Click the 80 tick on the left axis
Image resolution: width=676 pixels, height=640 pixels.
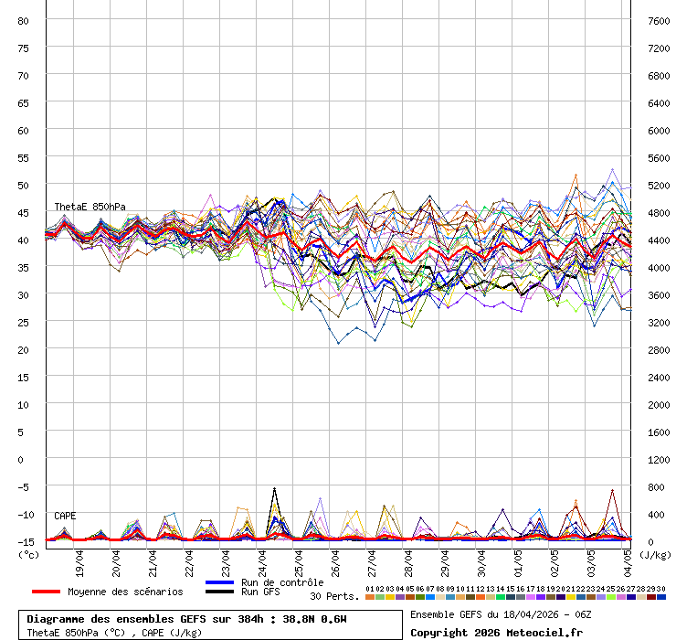pyautogui.click(x=24, y=20)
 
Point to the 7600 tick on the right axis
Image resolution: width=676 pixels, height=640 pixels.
pyautogui.click(x=659, y=20)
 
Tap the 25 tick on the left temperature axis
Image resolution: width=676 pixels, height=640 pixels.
pyautogui.click(x=24, y=322)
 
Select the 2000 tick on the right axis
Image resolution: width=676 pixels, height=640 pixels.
pyautogui.click(x=659, y=404)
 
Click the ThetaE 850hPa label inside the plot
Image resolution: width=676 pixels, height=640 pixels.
pyautogui.click(x=90, y=207)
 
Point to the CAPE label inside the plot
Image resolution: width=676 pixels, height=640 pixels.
pyautogui.click(x=65, y=517)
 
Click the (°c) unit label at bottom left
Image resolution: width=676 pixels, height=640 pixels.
pyautogui.click(x=29, y=554)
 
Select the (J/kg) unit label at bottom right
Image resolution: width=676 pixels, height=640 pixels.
pyautogui.click(x=654, y=554)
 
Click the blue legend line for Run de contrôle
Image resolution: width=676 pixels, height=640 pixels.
pyautogui.click(x=220, y=582)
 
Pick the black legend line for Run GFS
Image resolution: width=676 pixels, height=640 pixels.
pyautogui.click(x=220, y=592)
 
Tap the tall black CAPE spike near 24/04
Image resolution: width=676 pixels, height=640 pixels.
pyautogui.click(x=274, y=491)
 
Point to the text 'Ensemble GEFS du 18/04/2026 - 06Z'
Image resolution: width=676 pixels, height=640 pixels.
pyautogui.click(x=501, y=614)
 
